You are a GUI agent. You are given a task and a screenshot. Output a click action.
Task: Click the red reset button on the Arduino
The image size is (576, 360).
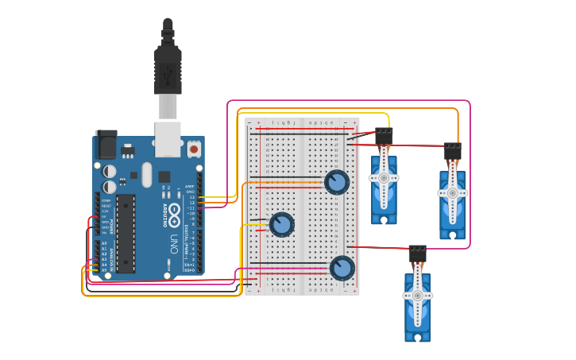pyautogui.click(x=194, y=149)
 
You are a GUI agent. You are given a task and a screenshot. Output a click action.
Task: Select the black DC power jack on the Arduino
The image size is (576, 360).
pyautogui.click(x=105, y=145)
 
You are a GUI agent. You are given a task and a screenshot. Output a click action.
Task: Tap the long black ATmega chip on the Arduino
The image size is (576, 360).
pyautogui.click(x=126, y=232)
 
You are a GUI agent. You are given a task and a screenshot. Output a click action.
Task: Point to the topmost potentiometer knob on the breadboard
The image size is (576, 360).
pyautogui.click(x=337, y=182)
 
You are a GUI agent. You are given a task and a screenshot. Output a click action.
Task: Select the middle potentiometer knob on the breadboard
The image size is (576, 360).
pyautogui.click(x=282, y=224)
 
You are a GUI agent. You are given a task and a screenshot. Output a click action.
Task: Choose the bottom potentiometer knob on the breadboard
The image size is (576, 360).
pyautogui.click(x=342, y=268)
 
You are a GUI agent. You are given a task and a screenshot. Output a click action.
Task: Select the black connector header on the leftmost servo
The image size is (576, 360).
pyautogui.click(x=384, y=136)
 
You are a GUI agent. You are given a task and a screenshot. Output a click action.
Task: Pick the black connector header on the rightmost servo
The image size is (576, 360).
pyautogui.click(x=452, y=151)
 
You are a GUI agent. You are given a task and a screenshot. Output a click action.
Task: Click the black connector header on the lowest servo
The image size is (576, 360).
pyautogui.click(x=417, y=254)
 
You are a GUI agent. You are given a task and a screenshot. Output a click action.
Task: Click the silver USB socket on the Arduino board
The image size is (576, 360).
pyautogui.click(x=167, y=138)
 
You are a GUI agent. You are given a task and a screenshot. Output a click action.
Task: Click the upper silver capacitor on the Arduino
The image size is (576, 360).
pyautogui.click(x=110, y=171)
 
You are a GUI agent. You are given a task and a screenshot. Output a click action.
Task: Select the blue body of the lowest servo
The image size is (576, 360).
pyautogui.click(x=417, y=318)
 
